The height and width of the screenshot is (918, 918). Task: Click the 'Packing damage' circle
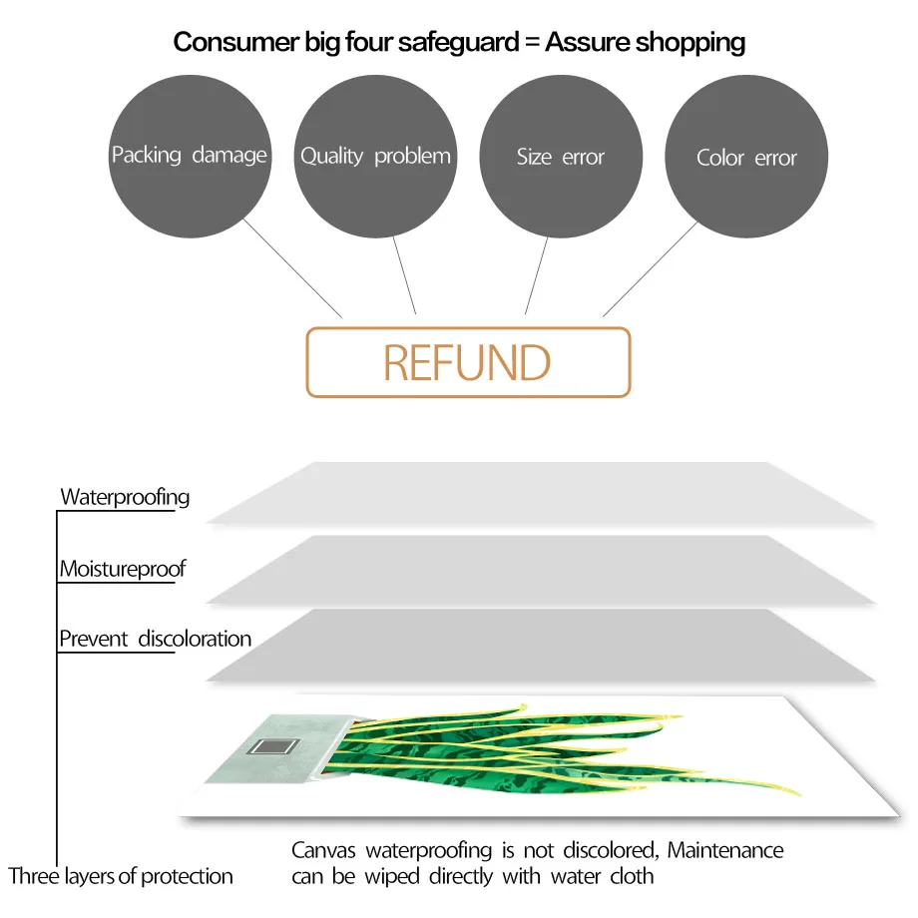pyautogui.click(x=190, y=157)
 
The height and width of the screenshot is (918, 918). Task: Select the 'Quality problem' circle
pyautogui.click(x=375, y=157)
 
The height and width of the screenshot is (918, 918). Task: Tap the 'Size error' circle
pyautogui.click(x=561, y=157)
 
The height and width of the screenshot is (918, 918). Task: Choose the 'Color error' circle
pyautogui.click(x=746, y=157)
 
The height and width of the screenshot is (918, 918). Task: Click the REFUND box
pyautogui.click(x=468, y=362)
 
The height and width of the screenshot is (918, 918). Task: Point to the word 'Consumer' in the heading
pyautogui.click(x=236, y=42)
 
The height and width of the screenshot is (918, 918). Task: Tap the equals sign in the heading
pyautogui.click(x=532, y=43)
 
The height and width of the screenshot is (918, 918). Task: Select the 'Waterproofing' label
pyautogui.click(x=126, y=497)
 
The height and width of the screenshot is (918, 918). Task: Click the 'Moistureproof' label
pyautogui.click(x=123, y=569)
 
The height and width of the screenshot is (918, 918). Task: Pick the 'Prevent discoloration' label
pyautogui.click(x=155, y=639)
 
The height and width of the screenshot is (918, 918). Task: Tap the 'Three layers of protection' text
pyautogui.click(x=121, y=876)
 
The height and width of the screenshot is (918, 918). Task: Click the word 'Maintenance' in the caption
pyautogui.click(x=725, y=850)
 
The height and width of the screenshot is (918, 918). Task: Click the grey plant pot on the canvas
pyautogui.click(x=281, y=749)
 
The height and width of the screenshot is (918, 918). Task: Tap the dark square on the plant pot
pyautogui.click(x=273, y=746)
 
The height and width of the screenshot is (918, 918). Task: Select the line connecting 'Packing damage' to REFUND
pyautogui.click(x=292, y=268)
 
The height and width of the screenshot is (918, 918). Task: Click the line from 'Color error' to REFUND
pyautogui.click(x=651, y=269)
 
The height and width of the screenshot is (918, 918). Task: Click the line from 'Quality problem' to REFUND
pyautogui.click(x=404, y=275)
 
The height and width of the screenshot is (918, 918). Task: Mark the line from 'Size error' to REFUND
pyautogui.click(x=536, y=275)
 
